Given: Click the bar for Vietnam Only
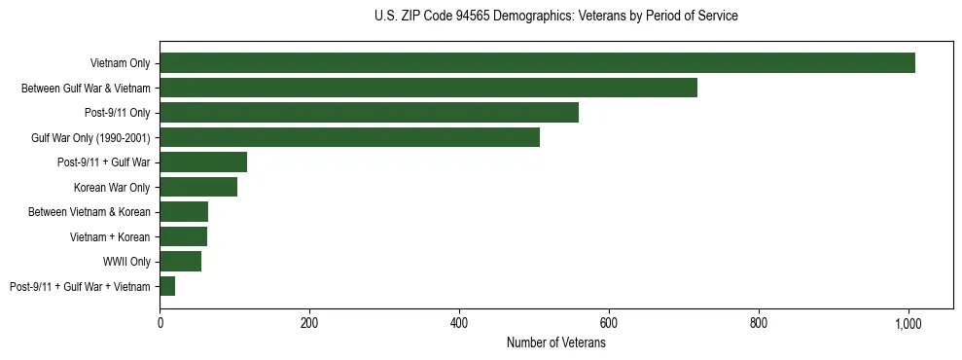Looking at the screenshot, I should pyautogui.click(x=537, y=63).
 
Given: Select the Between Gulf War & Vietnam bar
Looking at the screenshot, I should pyautogui.click(x=428, y=89).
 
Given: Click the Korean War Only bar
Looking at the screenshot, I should pyautogui.click(x=198, y=187).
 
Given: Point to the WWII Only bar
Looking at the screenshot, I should pyautogui.click(x=180, y=261).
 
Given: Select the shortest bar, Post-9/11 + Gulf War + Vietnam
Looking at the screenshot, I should pyautogui.click(x=167, y=286).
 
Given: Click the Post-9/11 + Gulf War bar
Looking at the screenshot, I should pyautogui.click(x=203, y=162).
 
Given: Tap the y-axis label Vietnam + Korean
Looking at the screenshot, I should pyautogui.click(x=110, y=236).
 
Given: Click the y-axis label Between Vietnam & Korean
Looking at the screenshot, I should pyautogui.click(x=95, y=212).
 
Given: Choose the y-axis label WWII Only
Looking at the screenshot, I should pyautogui.click(x=126, y=262).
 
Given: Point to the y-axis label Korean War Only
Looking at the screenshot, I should pyautogui.click(x=112, y=188).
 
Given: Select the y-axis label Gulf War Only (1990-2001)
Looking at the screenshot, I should pyautogui.click(x=90, y=138).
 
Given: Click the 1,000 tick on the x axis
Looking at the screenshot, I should pyautogui.click(x=909, y=323).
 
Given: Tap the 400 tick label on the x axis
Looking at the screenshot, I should pyautogui.click(x=459, y=323).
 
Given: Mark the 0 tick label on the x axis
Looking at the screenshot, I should pyautogui.click(x=160, y=323).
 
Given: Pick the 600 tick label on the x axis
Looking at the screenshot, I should pyautogui.click(x=609, y=323).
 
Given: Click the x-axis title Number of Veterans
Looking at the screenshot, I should pyautogui.click(x=555, y=343).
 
